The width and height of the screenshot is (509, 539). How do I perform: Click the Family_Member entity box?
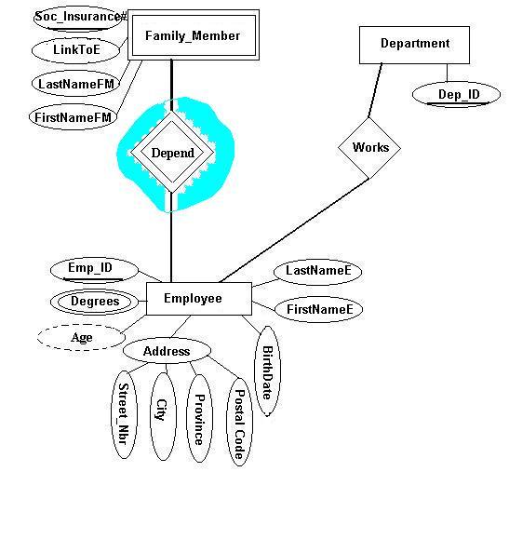194,35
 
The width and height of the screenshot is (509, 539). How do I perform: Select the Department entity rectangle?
414,45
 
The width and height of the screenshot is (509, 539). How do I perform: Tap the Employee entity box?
199,299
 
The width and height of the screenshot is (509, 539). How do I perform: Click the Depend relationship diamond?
172,153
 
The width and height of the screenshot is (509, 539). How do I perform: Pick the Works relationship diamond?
369,148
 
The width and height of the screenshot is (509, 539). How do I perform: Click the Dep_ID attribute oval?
456,95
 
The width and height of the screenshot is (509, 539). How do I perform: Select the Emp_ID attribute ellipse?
94,270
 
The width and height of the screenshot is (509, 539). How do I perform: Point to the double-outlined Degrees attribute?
94,302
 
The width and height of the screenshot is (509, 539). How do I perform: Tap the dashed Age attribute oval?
81,338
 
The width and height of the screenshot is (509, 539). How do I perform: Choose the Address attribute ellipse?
167,351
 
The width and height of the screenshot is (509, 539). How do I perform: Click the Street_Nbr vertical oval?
124,414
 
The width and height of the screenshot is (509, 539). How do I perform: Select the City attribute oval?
163,416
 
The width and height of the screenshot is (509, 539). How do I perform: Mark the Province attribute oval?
199,418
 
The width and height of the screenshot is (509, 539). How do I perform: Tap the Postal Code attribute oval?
239,422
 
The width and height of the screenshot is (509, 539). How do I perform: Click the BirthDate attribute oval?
267,371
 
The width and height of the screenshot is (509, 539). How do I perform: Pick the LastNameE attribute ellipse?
318,272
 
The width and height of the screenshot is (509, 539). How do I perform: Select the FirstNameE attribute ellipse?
318,309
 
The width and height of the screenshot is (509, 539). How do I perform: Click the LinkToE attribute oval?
75,50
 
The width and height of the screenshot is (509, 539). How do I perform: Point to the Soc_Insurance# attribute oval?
79,18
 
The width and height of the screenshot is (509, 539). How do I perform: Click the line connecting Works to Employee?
294,230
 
